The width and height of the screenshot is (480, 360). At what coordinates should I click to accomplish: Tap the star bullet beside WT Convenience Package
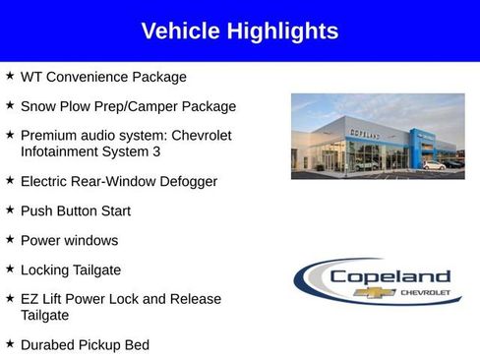(x=10, y=75)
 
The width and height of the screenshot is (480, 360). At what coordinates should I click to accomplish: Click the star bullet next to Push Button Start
(x=10, y=210)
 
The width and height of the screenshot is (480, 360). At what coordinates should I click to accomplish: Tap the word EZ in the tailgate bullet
(x=30, y=299)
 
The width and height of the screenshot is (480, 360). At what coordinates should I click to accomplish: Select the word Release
(x=194, y=299)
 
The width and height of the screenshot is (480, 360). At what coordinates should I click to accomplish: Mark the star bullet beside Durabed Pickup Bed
(x=10, y=343)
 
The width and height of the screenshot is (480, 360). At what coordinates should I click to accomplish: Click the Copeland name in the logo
(x=390, y=276)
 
